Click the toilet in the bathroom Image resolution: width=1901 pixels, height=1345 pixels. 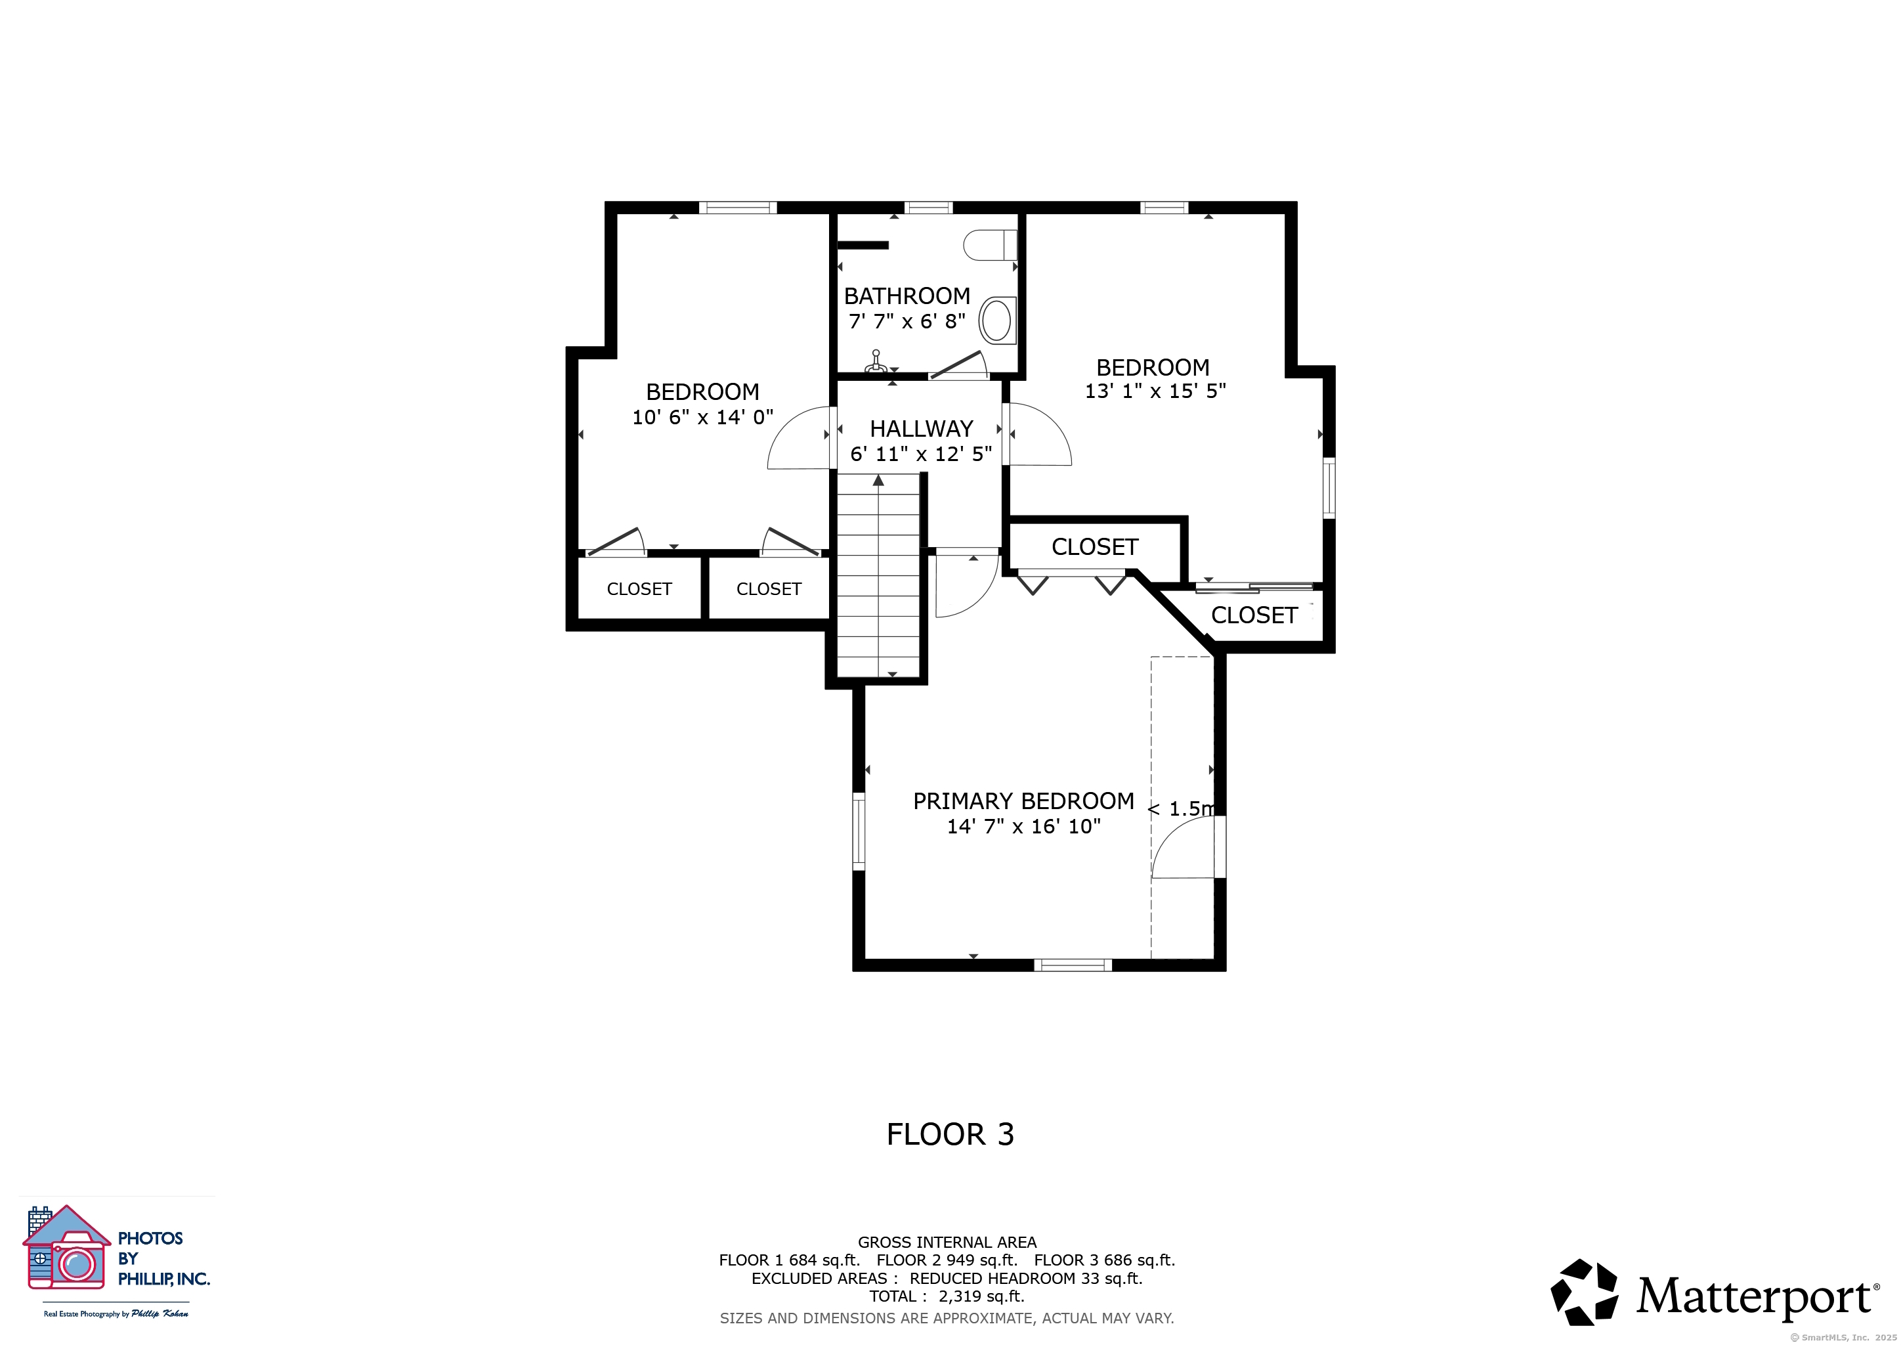tap(991, 245)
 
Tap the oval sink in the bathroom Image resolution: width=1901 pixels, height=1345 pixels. tap(998, 320)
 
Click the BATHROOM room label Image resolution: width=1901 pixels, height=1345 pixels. tap(907, 296)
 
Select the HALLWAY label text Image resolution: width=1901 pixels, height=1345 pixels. tap(922, 428)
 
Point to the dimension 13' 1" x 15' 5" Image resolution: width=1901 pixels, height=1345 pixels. tap(1155, 391)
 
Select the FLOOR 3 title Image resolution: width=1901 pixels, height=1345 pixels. tap(950, 1134)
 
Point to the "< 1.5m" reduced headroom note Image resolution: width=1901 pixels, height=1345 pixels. tap(1182, 808)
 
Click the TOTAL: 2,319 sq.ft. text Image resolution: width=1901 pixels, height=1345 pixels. tap(947, 1296)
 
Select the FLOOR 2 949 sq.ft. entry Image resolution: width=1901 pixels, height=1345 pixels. tap(947, 1260)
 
